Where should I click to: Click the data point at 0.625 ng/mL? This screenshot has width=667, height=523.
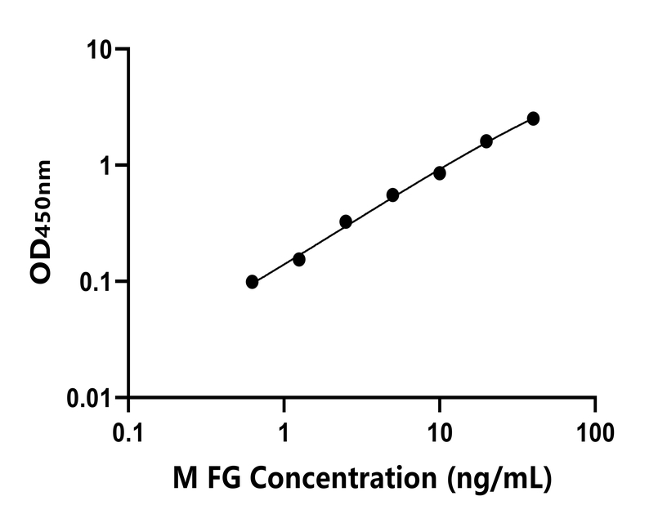point(252,282)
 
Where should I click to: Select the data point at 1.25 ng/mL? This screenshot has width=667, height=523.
point(299,259)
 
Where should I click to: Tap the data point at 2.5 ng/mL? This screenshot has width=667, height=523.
point(346,221)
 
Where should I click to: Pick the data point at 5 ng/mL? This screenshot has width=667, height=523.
point(393,195)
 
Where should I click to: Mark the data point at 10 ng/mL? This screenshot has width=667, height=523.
point(440,173)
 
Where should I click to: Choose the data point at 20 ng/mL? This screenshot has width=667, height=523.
point(486,141)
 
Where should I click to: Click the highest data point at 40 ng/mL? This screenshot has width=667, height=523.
point(533,118)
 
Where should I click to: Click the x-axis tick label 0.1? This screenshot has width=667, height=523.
point(128,431)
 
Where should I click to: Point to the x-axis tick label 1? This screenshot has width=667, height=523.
point(284,431)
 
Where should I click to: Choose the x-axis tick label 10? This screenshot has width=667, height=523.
point(440,431)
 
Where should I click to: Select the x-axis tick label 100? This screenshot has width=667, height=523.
point(594,431)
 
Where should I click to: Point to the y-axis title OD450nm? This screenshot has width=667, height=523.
point(42,222)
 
